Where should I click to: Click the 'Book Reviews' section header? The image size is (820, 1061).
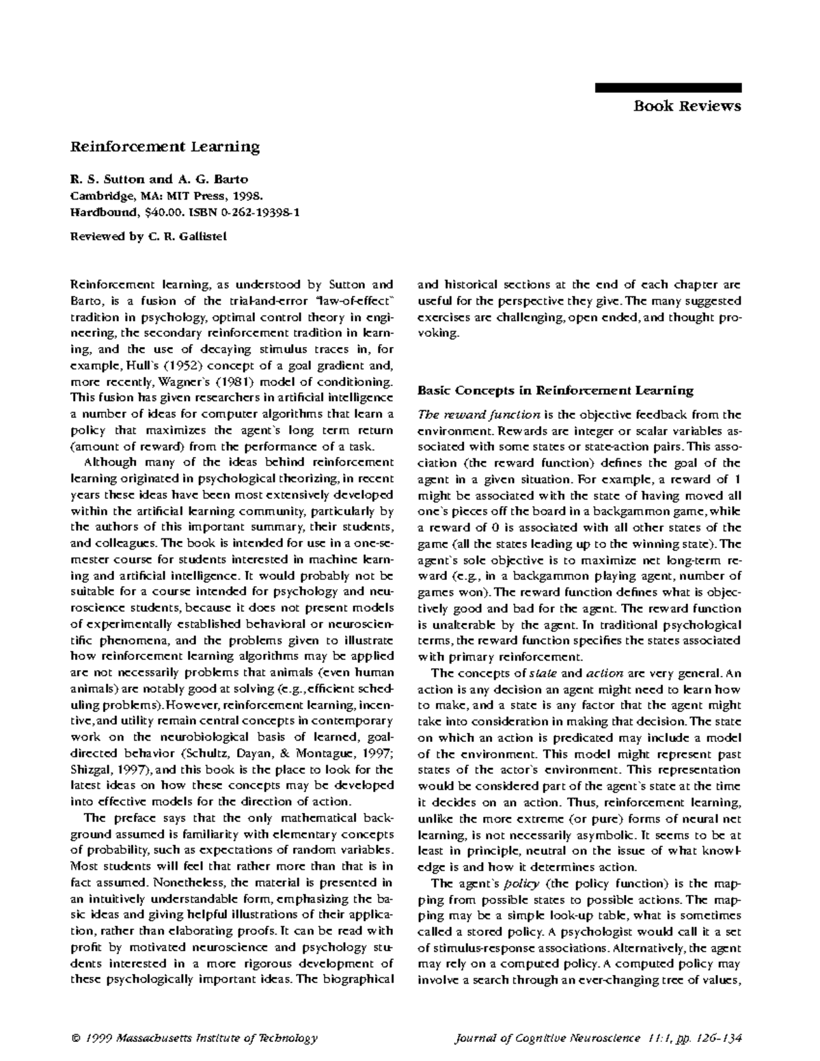pyautogui.click(x=687, y=105)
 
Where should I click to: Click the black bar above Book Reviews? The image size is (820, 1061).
pyautogui.click(x=668, y=87)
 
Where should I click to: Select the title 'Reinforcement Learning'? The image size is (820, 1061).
pyautogui.click(x=165, y=146)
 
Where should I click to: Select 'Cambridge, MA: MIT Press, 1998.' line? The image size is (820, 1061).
pyautogui.click(x=167, y=196)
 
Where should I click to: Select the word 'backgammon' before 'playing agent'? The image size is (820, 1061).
pyautogui.click(x=517, y=576)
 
